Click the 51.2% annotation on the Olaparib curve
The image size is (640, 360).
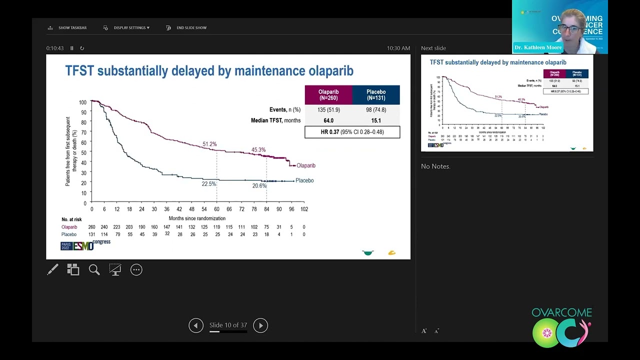coord(209,144)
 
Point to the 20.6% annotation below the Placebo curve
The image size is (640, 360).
coord(259,186)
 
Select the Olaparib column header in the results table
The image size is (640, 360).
coord(328,95)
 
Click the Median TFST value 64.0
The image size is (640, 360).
coord(328,120)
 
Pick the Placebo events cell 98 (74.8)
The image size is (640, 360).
coord(376,109)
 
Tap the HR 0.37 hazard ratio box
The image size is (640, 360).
coord(352,132)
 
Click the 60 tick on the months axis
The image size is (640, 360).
coord(216,209)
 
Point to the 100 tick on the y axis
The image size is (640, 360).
coord(82,102)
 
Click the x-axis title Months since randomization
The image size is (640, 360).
coord(197,218)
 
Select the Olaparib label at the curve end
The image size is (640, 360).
coord(305,165)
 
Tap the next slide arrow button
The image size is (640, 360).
coord(260,325)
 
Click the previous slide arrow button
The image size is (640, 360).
coord(196,325)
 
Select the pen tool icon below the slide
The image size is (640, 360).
coord(52,270)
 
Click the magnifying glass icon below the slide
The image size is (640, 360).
coord(94,270)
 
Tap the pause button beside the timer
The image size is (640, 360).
coord(72,48)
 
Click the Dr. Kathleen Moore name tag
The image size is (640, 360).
coord(538,47)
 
